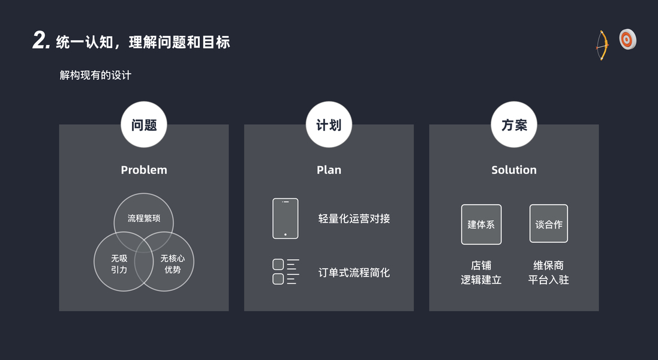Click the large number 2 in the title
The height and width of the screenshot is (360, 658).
coord(40,41)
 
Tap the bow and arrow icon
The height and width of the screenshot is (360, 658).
coord(602,45)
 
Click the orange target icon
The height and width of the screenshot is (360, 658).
coord(627,40)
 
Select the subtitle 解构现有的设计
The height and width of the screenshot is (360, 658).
coord(95,76)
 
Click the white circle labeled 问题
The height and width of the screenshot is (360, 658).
coord(144,125)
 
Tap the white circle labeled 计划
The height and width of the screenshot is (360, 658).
coord(329,125)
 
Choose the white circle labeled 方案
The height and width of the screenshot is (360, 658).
coord(514,125)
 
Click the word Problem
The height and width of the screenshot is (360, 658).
coord(144,170)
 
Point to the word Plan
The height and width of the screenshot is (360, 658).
coord(329,170)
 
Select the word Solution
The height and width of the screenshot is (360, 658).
coord(514,170)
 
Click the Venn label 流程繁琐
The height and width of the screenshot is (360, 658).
coord(144,218)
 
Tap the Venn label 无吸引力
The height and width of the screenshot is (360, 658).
coord(119,264)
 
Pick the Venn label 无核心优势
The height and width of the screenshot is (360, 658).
coord(173,264)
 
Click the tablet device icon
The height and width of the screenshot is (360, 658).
coord(286,218)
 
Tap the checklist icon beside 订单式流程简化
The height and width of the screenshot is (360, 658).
coord(286,272)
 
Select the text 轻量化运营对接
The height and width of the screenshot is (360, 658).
coord(354,218)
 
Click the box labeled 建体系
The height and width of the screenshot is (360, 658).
coord(481,224)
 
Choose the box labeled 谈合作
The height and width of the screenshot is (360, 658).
coord(549,224)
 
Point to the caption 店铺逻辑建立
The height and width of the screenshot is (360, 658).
coord(481,272)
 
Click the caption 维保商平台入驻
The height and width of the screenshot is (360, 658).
coord(548,272)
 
